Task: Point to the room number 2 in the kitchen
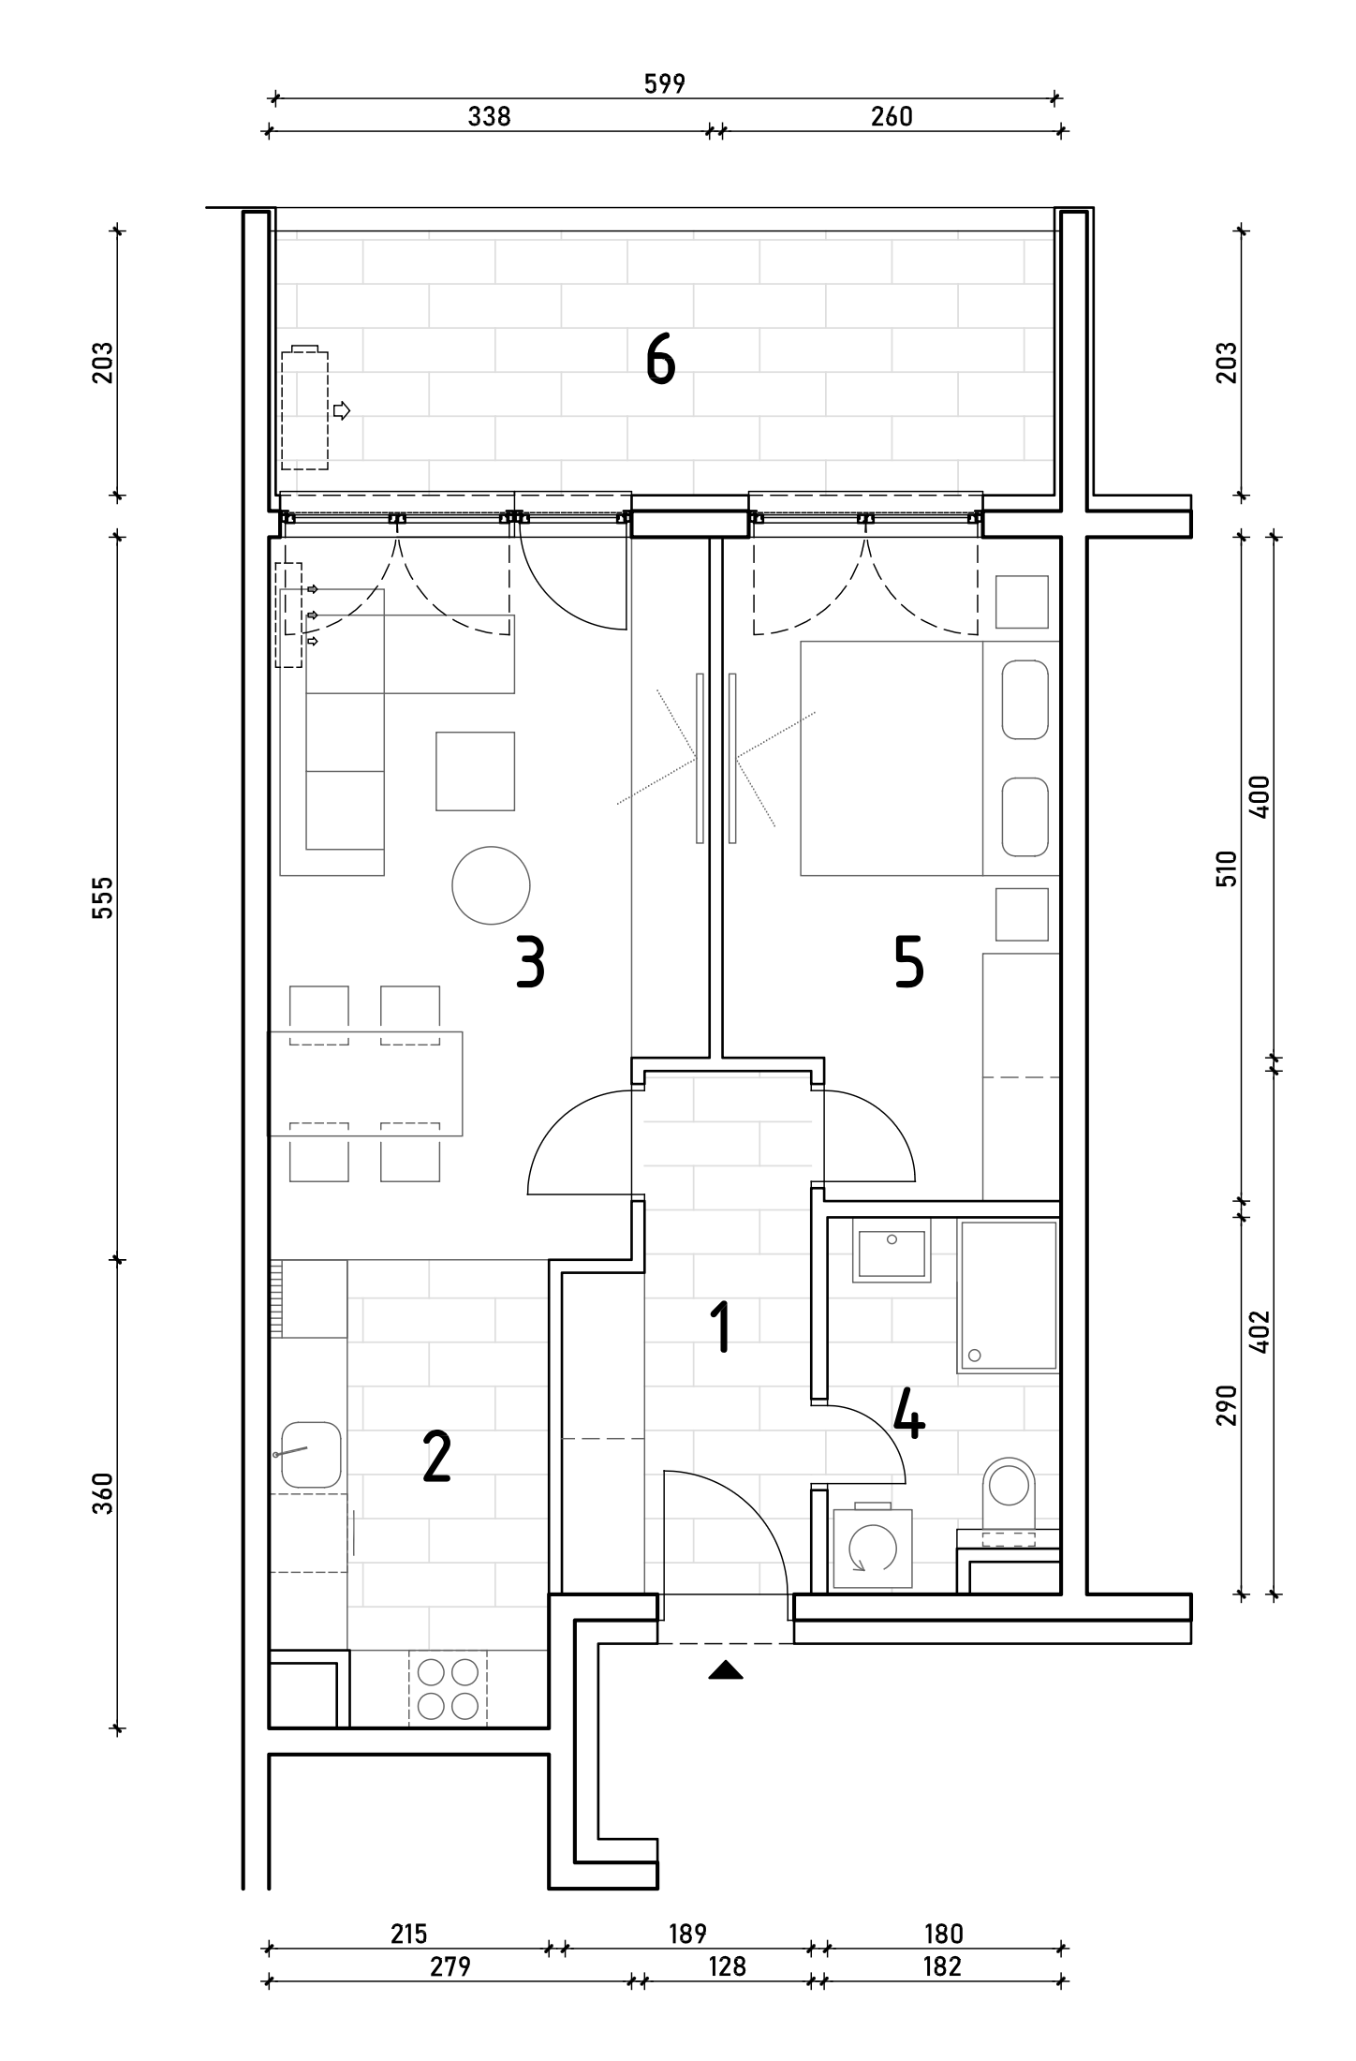click(436, 1458)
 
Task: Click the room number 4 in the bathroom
click(908, 1414)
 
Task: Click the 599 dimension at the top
click(665, 84)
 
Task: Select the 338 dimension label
click(489, 116)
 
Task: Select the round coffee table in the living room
click(491, 885)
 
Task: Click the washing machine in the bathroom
click(873, 1546)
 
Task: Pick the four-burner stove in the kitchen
click(448, 1689)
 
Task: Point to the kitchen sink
click(310, 1454)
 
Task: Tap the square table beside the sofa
click(475, 771)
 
